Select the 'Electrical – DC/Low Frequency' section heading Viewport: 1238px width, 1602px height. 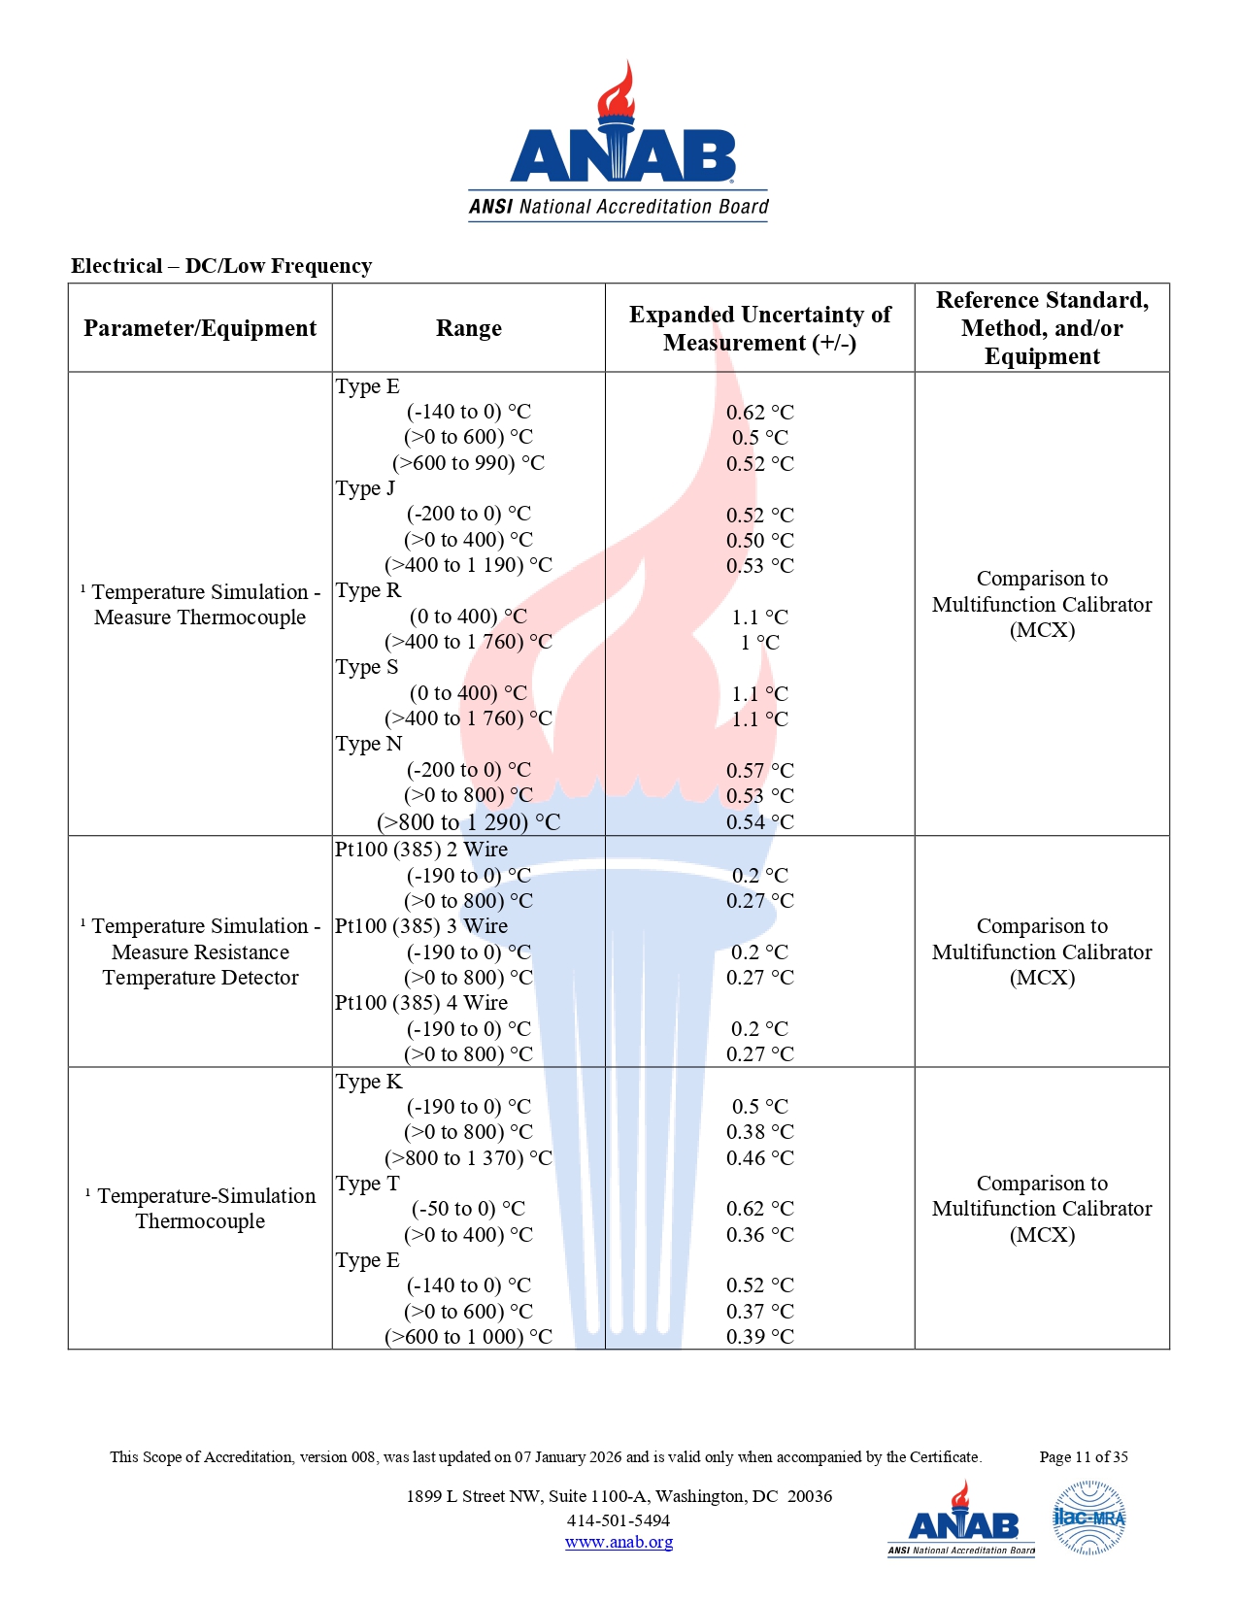click(221, 266)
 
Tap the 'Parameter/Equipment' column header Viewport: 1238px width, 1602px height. click(200, 328)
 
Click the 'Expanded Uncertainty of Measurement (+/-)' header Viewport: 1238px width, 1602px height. click(759, 328)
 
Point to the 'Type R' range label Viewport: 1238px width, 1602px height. click(368, 590)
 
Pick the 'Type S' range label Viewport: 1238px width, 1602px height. click(367, 667)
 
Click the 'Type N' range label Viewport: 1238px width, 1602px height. click(369, 744)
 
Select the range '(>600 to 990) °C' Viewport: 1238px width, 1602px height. click(468, 463)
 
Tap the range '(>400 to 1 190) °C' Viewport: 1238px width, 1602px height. click(468, 565)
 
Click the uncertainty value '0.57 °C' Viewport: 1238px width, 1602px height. click(759, 771)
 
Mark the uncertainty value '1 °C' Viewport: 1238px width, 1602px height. click(759, 643)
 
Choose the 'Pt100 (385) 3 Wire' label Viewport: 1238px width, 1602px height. click(421, 926)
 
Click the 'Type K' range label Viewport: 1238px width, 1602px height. click(369, 1082)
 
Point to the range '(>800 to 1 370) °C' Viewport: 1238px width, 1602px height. click(468, 1158)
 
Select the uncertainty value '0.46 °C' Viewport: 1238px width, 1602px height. click(759, 1158)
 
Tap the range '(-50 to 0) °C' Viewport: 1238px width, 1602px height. click(468, 1209)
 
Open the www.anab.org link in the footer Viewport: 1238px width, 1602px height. click(619, 1542)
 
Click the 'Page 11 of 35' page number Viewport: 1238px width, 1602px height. click(1083, 1456)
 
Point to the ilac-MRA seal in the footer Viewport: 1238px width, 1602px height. click(1088, 1518)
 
